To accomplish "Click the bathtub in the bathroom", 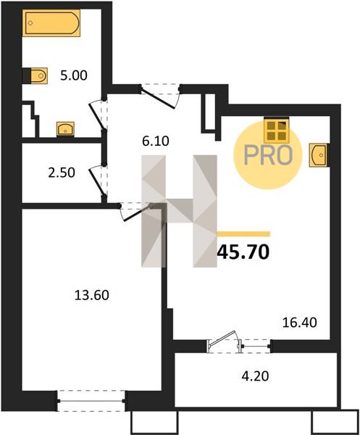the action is [x=51, y=23].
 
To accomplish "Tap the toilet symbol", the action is [x=35, y=75].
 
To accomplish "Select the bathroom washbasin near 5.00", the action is [x=65, y=129].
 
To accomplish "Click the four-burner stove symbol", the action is [x=276, y=130].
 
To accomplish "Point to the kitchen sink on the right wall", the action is [x=319, y=155].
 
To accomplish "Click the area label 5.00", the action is [x=74, y=75].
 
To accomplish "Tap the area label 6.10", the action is [x=156, y=141].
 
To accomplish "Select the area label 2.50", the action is [x=62, y=173].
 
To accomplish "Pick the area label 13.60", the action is [x=92, y=295].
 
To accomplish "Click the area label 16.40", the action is [x=300, y=323].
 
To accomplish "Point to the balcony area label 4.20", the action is [x=255, y=376].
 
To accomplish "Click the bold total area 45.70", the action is [x=243, y=252].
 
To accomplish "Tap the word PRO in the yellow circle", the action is [x=268, y=155].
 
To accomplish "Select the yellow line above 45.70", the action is [x=243, y=234].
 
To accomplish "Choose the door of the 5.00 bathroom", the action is [x=99, y=115].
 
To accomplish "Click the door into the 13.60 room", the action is [x=135, y=212].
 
